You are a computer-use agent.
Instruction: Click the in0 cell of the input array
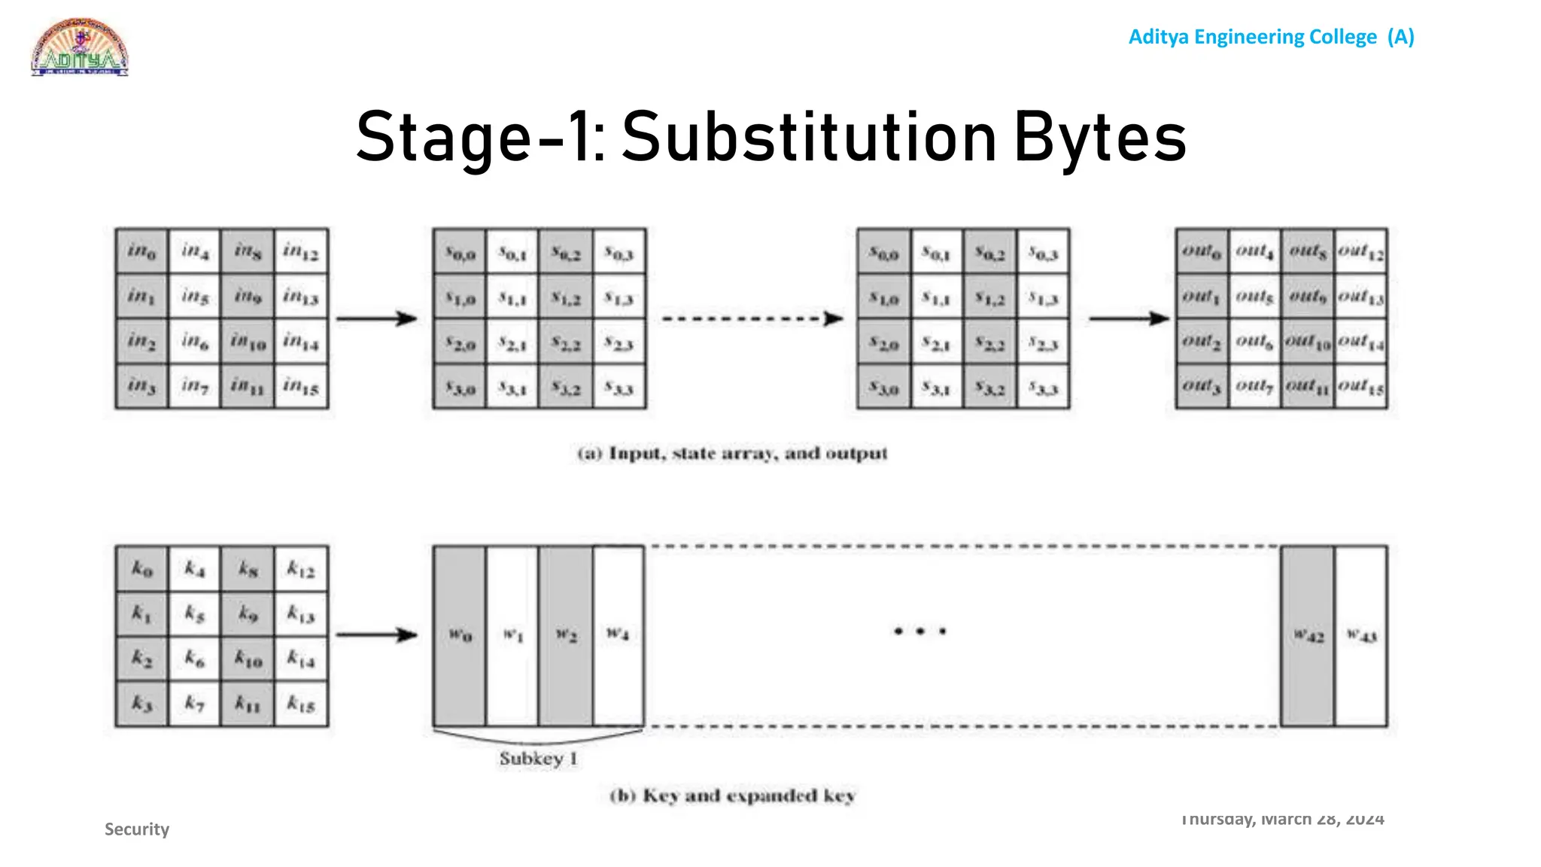[142, 251]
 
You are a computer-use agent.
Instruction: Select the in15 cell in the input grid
[301, 387]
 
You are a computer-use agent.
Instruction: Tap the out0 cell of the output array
[1202, 251]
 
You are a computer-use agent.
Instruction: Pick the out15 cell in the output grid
[1361, 387]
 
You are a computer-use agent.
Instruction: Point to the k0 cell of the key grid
[142, 569]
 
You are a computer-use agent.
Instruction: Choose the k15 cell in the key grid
[301, 704]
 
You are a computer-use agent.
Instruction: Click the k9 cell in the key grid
[248, 614]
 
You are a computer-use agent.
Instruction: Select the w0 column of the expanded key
[460, 636]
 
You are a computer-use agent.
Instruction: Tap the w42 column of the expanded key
[1308, 636]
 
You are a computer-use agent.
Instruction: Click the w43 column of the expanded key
[1361, 636]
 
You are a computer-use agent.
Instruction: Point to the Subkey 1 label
[538, 759]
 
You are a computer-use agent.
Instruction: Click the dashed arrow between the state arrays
[752, 319]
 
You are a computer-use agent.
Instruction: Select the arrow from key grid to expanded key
[376, 635]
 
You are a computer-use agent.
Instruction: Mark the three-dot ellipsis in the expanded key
[919, 631]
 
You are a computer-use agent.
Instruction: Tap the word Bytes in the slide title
[1100, 138]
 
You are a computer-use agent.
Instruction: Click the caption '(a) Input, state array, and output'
[732, 454]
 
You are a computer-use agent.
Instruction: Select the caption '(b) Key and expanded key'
[732, 796]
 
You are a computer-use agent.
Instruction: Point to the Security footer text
[137, 829]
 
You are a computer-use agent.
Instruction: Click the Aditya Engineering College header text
[1271, 37]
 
